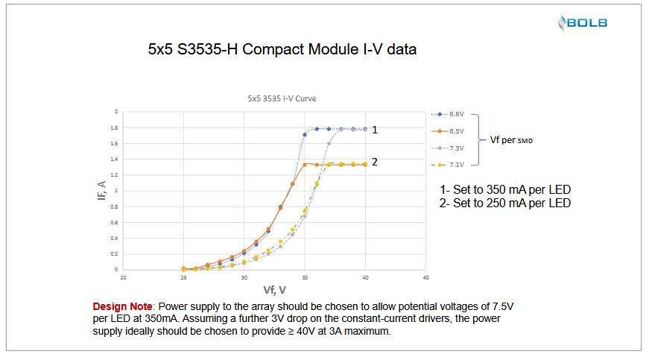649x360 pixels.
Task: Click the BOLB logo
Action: [x=583, y=23]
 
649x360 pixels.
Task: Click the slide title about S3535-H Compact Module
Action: [x=282, y=51]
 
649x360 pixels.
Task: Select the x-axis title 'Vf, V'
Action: [x=274, y=288]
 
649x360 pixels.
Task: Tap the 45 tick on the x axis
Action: [x=425, y=277]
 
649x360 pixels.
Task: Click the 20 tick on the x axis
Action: [x=124, y=277]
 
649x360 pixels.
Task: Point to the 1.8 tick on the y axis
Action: [x=115, y=127]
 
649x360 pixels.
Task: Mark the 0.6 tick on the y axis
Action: [x=115, y=222]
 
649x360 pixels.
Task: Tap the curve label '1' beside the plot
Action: [x=375, y=129]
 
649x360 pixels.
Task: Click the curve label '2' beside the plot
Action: [x=375, y=161]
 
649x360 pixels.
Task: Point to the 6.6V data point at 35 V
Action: [x=305, y=135]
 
